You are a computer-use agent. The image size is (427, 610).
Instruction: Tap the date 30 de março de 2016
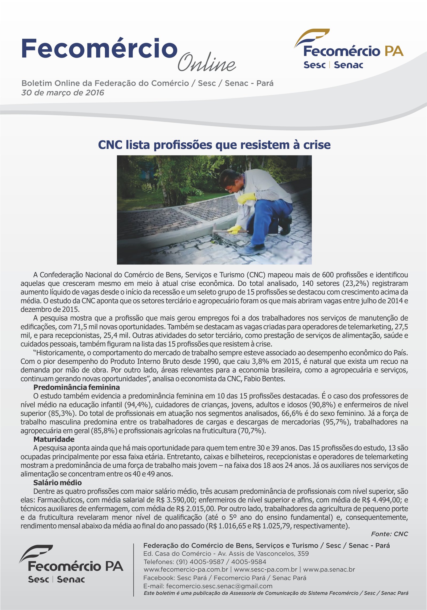[63, 93]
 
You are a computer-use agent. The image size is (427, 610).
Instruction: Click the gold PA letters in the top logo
[394, 51]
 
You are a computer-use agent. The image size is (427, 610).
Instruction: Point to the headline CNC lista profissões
[214, 145]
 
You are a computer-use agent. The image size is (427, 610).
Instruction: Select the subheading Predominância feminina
[76, 387]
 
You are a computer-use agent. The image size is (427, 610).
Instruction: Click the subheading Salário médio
[57, 482]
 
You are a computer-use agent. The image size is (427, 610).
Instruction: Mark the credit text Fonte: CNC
[389, 534]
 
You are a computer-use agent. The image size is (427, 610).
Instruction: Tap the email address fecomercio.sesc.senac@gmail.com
[219, 586]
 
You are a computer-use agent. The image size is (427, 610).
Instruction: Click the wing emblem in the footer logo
[36, 552]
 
